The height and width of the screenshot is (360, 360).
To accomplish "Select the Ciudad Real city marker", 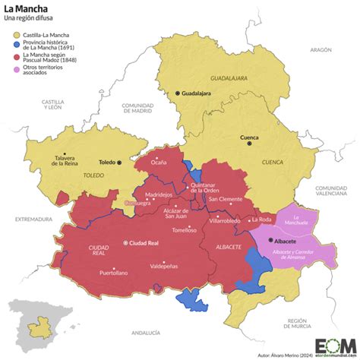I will click(127, 243).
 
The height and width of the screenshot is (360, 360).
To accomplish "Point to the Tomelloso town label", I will click(184, 230).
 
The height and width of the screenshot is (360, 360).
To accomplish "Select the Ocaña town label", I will click(158, 162).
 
